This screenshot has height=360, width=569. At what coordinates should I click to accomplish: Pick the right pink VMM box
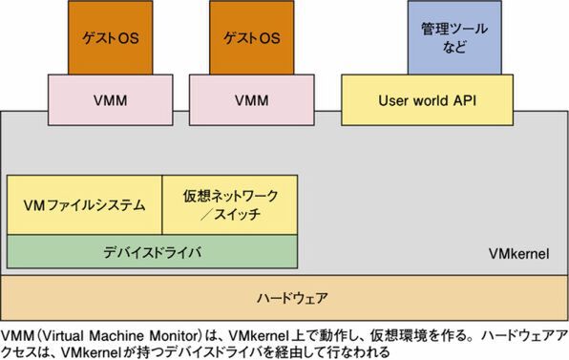(x=251, y=99)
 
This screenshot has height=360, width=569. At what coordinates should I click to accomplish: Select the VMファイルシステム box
(x=85, y=204)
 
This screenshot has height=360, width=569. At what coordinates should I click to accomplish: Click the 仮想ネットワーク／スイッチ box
(x=230, y=204)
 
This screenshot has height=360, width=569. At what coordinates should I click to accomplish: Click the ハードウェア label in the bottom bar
(x=284, y=296)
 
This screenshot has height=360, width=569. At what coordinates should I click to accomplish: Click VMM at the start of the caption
(x=18, y=335)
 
